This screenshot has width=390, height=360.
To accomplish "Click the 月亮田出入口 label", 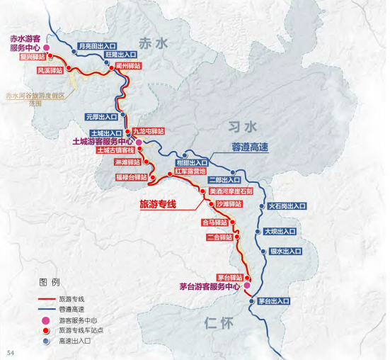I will pyautogui.click(x=96, y=46).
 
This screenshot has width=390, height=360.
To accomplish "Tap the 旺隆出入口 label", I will pyautogui.click(x=120, y=54).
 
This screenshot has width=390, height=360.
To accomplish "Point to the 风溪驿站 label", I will pyautogui.click(x=50, y=71).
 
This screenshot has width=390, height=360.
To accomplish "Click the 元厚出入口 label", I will pyautogui.click(x=101, y=116).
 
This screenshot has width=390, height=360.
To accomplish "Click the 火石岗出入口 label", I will pyautogui.click(x=287, y=206).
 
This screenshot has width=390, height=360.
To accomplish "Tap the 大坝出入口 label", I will pyautogui.click(x=281, y=231).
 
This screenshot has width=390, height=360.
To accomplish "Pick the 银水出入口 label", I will pyautogui.click(x=285, y=251).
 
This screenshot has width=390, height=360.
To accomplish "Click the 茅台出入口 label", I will pyautogui.click(x=273, y=301).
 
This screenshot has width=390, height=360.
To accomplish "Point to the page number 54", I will pyautogui.click(x=11, y=353).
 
